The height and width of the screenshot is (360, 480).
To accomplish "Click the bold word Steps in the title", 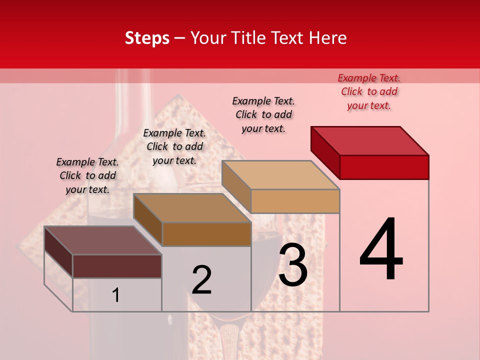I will pyautogui.click(x=147, y=38).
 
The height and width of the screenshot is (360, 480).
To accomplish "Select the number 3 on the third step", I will pyautogui.click(x=293, y=265).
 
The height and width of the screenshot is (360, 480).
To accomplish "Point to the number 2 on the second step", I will pyautogui.click(x=201, y=280).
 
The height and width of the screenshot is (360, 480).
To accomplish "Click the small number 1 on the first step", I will pyautogui.click(x=115, y=295).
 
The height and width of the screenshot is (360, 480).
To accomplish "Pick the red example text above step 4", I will pyautogui.click(x=369, y=91).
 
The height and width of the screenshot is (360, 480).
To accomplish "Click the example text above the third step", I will pyautogui.click(x=263, y=114).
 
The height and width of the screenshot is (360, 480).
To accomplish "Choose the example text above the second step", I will pyautogui.click(x=174, y=146).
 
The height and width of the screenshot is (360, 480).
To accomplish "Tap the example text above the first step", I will pyautogui.click(x=87, y=175).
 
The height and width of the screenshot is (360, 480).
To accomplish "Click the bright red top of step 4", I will pyautogui.click(x=370, y=140).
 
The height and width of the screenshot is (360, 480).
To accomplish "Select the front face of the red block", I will pyautogui.click(x=384, y=167).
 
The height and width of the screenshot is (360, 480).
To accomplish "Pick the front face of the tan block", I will pyautogui.click(x=295, y=201).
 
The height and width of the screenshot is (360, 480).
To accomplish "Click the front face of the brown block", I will pyautogui.click(x=206, y=234).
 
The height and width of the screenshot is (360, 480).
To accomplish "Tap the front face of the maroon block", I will pyautogui.click(x=117, y=266).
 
